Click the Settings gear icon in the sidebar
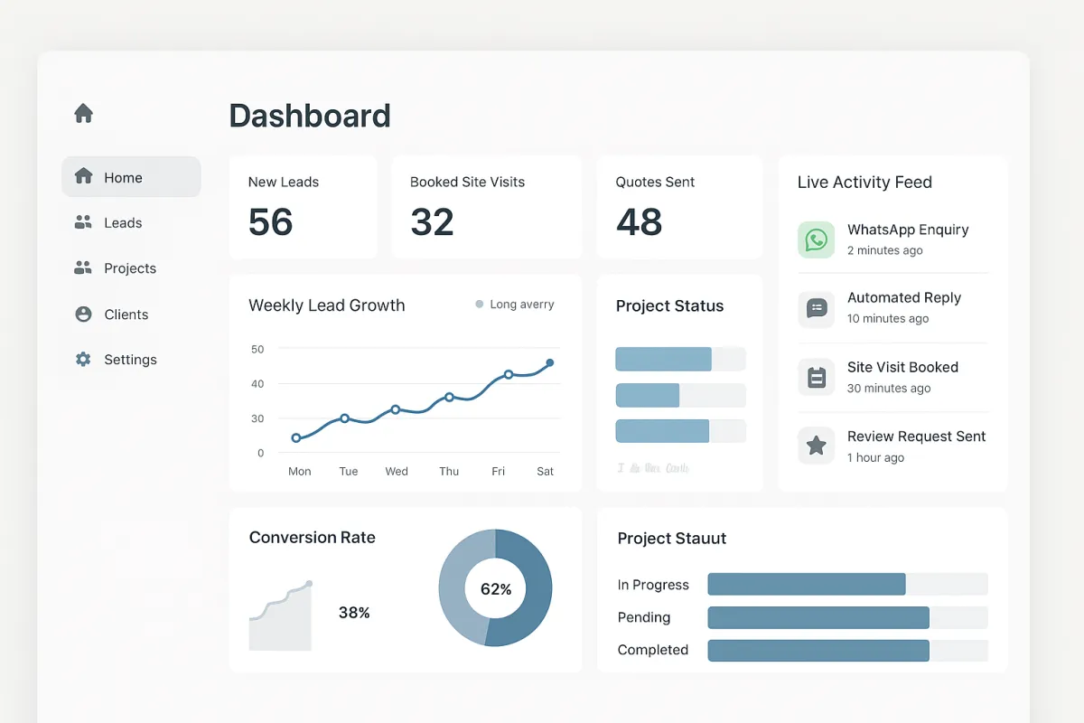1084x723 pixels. [x=83, y=360]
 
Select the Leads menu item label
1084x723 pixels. [x=123, y=223]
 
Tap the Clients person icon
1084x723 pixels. [x=83, y=315]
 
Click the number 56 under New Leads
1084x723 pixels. [x=271, y=222]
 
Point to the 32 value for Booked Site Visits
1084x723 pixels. [x=432, y=222]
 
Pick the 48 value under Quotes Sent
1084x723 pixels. [x=639, y=222]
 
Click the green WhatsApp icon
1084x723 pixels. [x=816, y=239]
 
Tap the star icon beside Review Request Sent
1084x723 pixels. [x=816, y=446]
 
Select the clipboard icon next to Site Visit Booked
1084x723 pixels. [x=816, y=377]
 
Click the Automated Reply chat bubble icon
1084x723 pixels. [x=816, y=308]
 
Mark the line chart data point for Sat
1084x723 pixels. [x=549, y=363]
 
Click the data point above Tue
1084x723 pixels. [x=345, y=418]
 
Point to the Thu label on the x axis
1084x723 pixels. [x=449, y=472]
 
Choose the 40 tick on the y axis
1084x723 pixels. [x=257, y=384]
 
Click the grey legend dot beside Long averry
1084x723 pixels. [x=480, y=305]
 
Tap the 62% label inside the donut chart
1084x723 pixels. [x=495, y=589]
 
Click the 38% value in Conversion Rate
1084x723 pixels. [x=354, y=613]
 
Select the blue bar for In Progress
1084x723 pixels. [x=806, y=584]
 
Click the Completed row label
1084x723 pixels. [x=652, y=650]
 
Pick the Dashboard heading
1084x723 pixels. [x=310, y=116]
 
